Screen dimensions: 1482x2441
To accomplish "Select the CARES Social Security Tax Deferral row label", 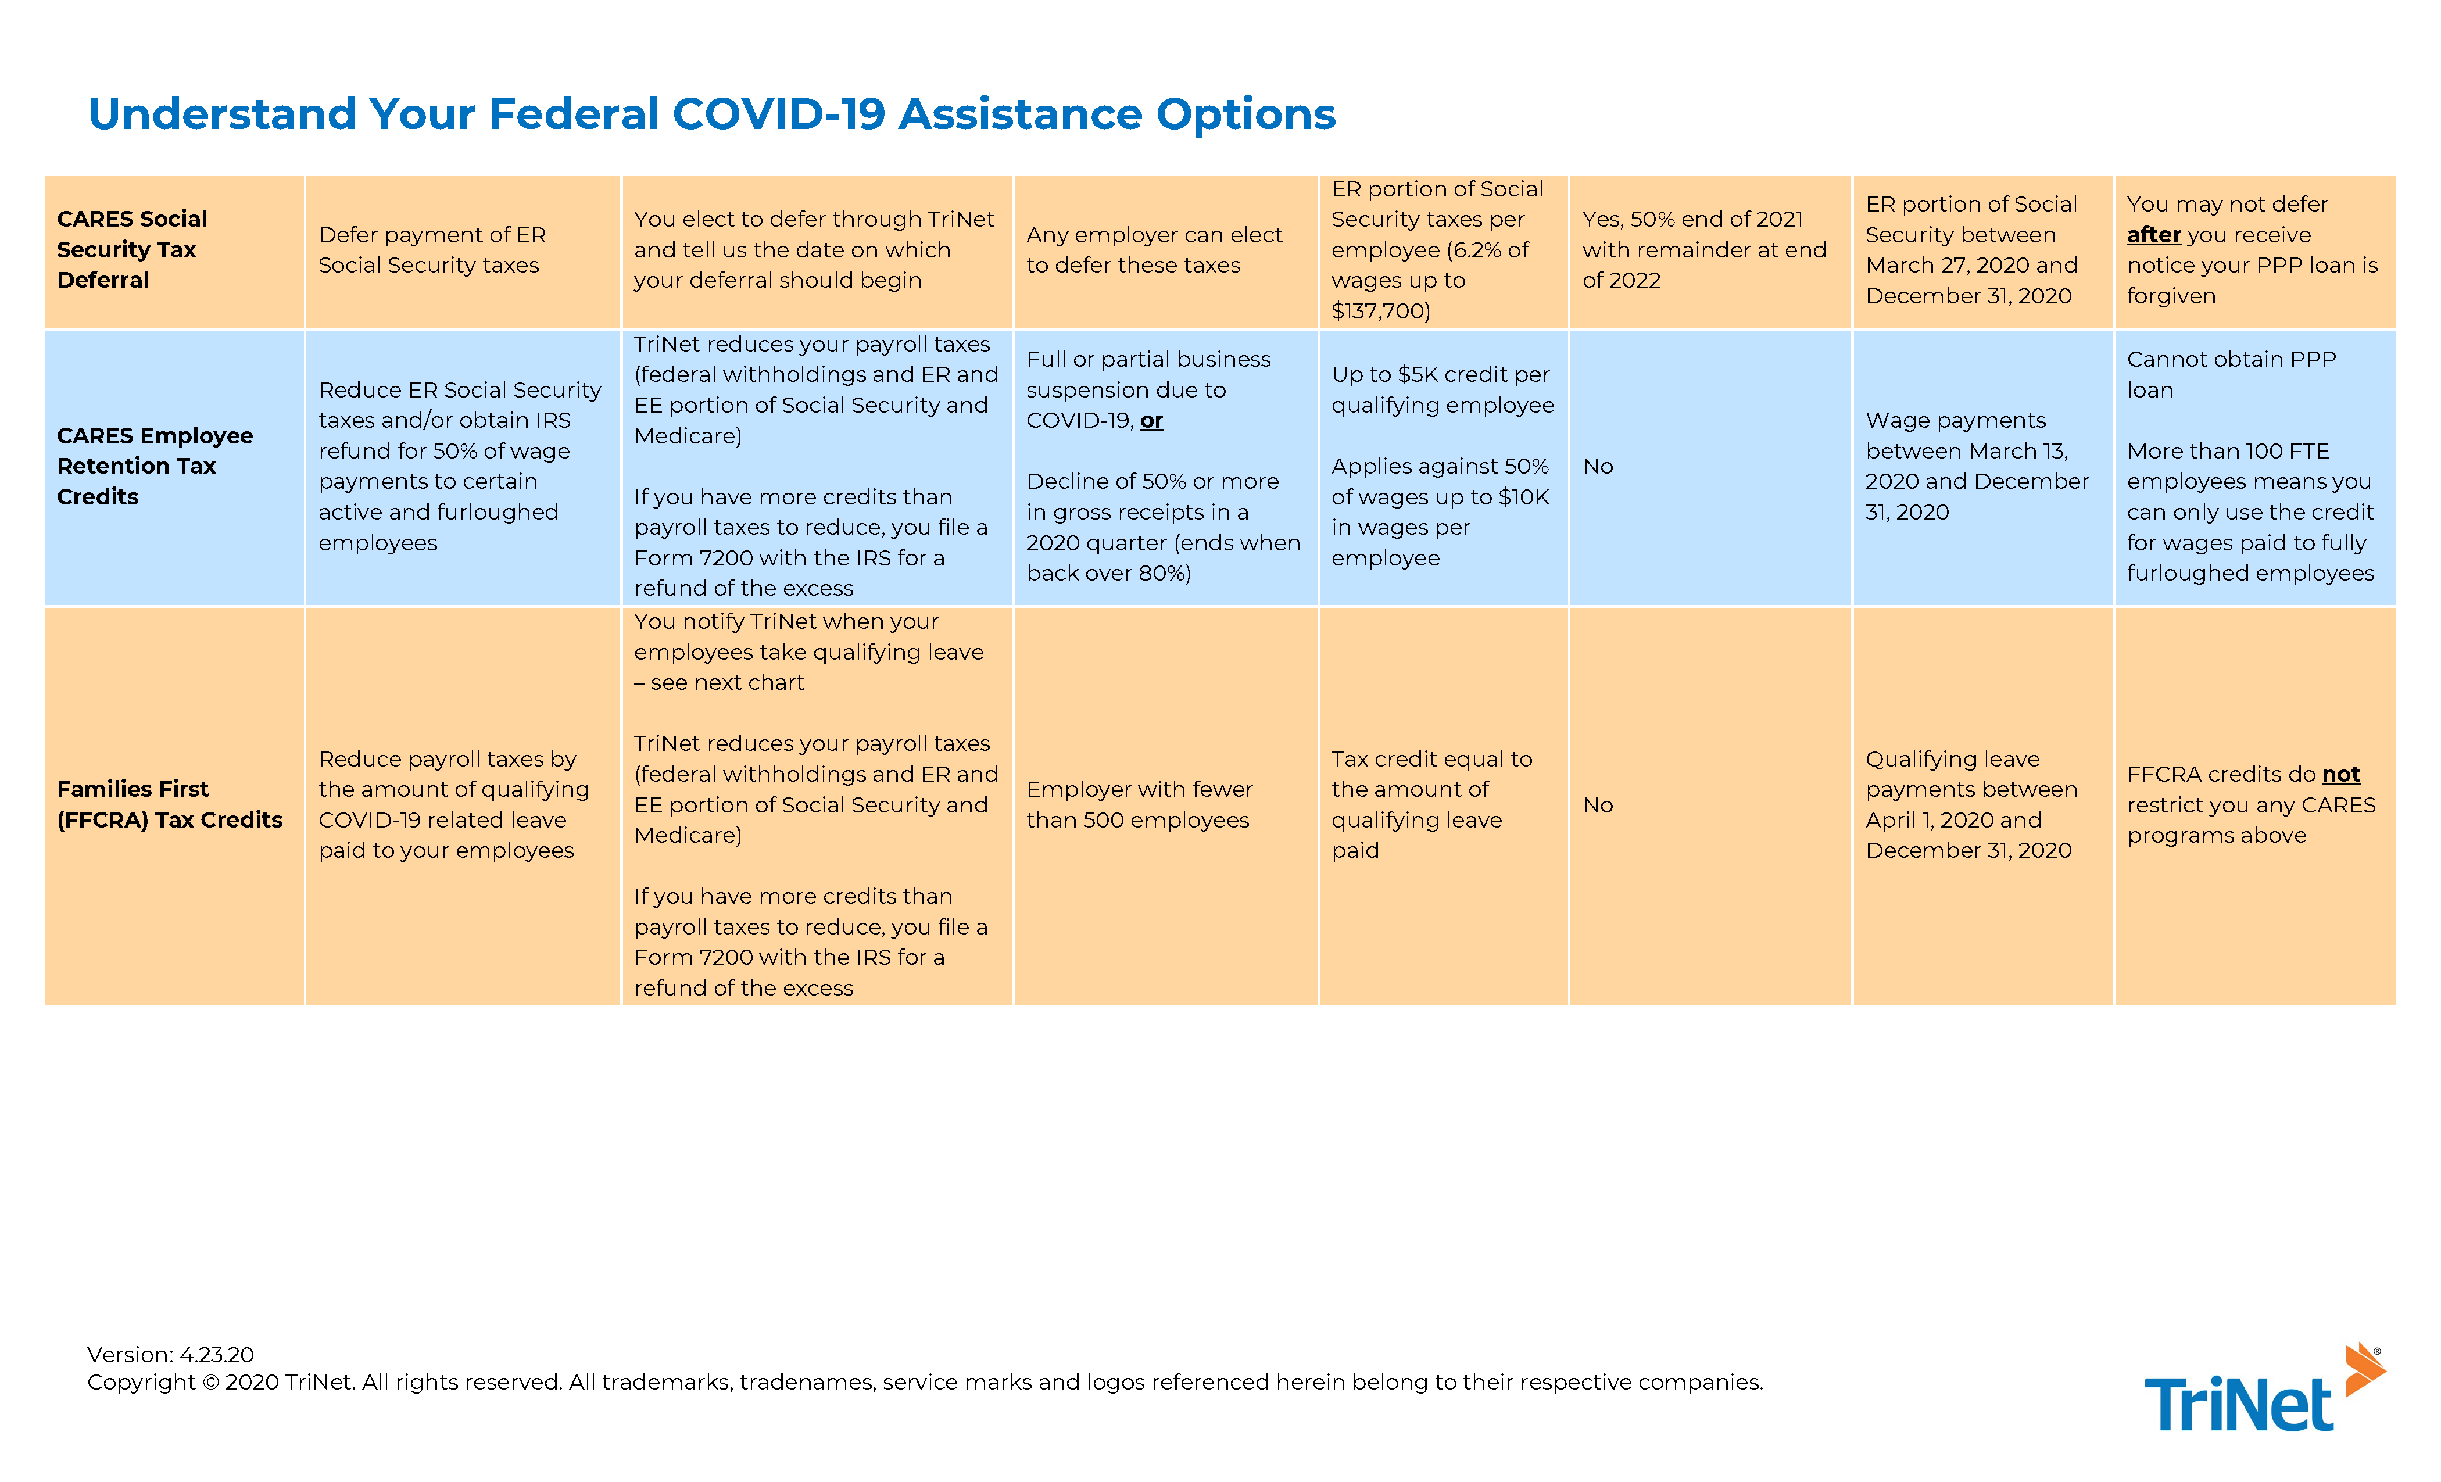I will (132, 250).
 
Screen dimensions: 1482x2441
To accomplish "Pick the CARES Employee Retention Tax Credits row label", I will (155, 466).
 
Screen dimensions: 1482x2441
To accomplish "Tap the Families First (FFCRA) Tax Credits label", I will (169, 804).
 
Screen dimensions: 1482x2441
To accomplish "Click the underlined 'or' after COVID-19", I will (1151, 421).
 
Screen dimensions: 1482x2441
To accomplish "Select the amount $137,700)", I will (1380, 311).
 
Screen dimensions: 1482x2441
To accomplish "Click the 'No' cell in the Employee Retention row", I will (1597, 467).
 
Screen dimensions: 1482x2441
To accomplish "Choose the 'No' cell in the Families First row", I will (1597, 806).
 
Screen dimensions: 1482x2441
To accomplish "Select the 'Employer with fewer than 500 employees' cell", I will (1139, 804).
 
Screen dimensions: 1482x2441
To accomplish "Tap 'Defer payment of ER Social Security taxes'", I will (432, 250).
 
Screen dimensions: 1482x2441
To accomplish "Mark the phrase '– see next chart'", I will (720, 682).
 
